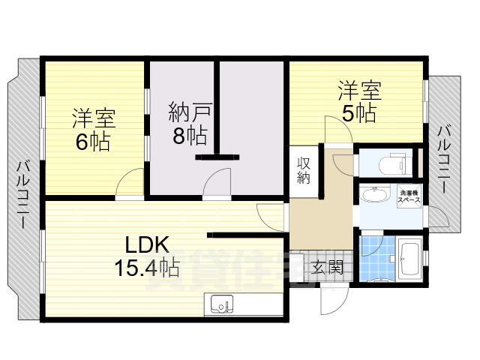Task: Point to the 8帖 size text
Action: click(x=187, y=136)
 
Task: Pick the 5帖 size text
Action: click(x=358, y=113)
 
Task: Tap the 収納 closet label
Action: click(x=303, y=171)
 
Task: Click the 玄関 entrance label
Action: click(x=325, y=266)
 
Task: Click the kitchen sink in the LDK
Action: click(x=222, y=304)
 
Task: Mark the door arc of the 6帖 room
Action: click(x=130, y=184)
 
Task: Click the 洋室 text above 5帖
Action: click(x=358, y=91)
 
